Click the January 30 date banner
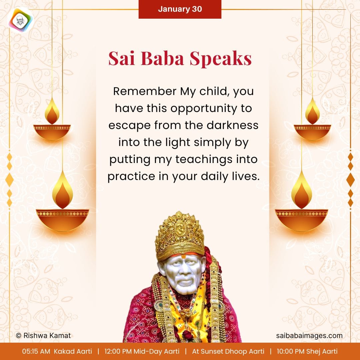tap(180, 9)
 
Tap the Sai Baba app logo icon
tap(21, 20)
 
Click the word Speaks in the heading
tap(220, 59)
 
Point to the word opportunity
tap(203, 109)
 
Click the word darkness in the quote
tap(232, 125)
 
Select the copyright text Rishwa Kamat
tap(43, 335)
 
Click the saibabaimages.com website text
tap(309, 336)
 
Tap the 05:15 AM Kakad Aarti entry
tap(57, 351)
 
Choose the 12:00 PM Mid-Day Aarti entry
tap(142, 351)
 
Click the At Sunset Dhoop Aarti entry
tap(228, 351)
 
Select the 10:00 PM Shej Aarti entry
tap(307, 351)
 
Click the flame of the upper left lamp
tap(52, 111)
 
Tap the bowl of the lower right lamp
tap(301, 220)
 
